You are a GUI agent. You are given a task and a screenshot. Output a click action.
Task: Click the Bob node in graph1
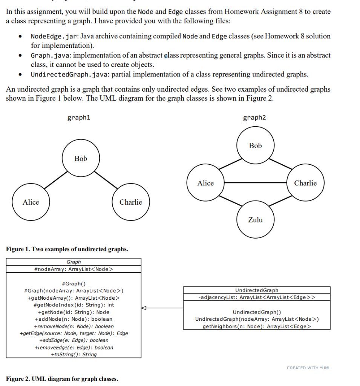tap(81, 158)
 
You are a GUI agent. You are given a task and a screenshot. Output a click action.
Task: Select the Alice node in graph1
tap(31, 202)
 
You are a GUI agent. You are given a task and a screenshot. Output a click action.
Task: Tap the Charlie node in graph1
tap(131, 202)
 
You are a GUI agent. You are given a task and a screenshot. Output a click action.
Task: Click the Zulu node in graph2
tap(256, 220)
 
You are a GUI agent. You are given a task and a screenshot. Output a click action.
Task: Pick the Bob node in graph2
tap(256, 146)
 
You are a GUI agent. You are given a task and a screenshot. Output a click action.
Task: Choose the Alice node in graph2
tap(205, 183)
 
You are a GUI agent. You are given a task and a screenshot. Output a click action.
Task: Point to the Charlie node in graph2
tap(305, 183)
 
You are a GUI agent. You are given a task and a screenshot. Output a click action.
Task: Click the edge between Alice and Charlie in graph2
tap(256, 183)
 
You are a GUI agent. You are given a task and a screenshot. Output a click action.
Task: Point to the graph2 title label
tap(254, 118)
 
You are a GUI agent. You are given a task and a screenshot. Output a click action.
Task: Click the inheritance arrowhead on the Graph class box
tap(144, 308)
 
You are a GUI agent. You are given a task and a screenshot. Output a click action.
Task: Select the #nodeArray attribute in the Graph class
tap(74, 269)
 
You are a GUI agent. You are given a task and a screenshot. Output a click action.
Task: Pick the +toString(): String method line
tap(74, 354)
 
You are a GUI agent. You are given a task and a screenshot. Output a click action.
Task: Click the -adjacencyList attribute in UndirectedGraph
tap(257, 297)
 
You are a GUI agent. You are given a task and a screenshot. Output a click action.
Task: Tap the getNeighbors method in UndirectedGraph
tap(257, 326)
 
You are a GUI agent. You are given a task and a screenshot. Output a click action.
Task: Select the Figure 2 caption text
tap(62, 378)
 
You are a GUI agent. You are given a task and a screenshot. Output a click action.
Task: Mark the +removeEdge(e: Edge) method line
tap(74, 347)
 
